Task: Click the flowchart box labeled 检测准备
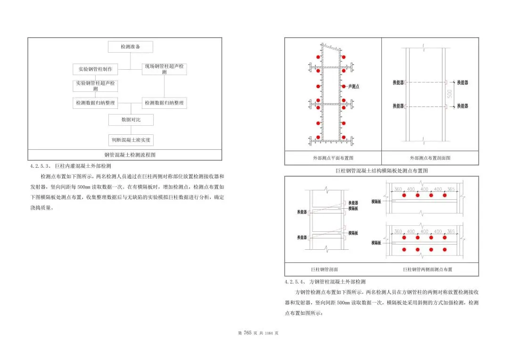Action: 130,47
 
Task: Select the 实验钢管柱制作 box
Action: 95,69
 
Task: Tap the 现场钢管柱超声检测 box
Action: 164,69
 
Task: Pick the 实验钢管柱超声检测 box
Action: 95,86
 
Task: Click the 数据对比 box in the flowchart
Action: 131,120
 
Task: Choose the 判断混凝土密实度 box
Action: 131,140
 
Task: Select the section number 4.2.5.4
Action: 296,282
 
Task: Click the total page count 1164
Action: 269,334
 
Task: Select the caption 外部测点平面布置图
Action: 333,158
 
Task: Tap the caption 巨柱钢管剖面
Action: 324,270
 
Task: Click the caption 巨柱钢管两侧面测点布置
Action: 427,270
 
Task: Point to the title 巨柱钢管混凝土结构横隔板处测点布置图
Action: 381,171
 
